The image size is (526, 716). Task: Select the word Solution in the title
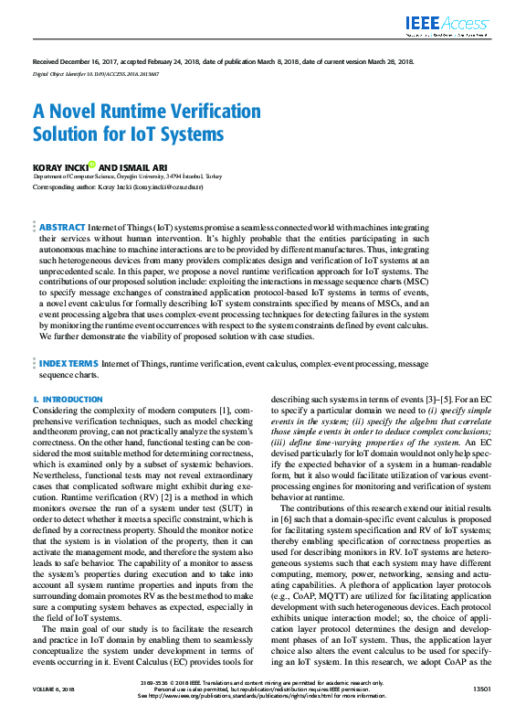click(x=69, y=134)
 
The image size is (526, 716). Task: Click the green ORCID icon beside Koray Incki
click(x=93, y=165)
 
